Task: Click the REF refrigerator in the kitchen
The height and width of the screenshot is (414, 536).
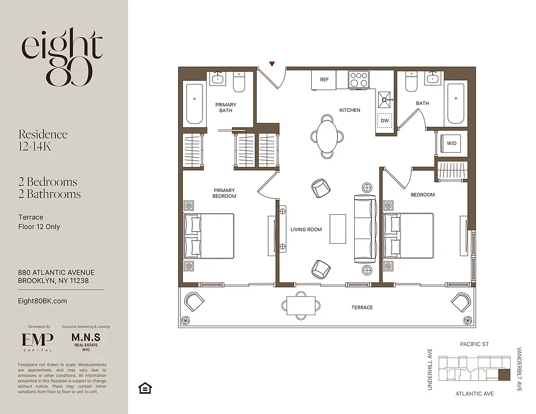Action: pyautogui.click(x=324, y=80)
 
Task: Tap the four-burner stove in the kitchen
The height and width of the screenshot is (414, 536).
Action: pyautogui.click(x=358, y=80)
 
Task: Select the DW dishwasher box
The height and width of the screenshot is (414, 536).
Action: pyautogui.click(x=384, y=121)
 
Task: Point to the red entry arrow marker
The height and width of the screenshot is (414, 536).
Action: pyautogui.click(x=272, y=64)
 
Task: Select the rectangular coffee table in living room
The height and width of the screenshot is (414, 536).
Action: pyautogui.click(x=338, y=229)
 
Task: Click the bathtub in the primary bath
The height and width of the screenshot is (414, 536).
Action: pyautogui.click(x=195, y=103)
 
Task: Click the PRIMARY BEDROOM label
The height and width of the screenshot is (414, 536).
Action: pyautogui.click(x=224, y=194)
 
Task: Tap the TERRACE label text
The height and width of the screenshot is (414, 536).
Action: pyautogui.click(x=362, y=307)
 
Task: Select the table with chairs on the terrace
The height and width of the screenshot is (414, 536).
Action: pyautogui.click(x=300, y=305)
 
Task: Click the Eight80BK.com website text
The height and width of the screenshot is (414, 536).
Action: pyautogui.click(x=42, y=301)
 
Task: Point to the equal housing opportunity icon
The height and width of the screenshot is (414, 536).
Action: pyautogui.click(x=145, y=388)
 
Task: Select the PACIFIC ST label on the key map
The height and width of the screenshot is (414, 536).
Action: pyautogui.click(x=474, y=344)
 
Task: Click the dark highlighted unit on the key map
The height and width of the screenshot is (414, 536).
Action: pyautogui.click(x=503, y=375)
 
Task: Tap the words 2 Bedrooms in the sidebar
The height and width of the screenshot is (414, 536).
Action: pyautogui.click(x=48, y=182)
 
